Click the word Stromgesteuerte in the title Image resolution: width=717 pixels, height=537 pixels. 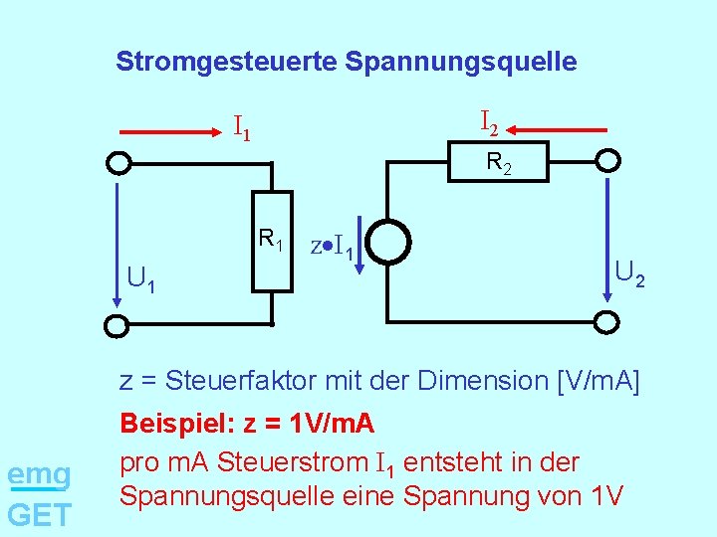tap(227, 62)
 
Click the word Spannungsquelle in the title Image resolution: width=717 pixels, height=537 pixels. tap(461, 62)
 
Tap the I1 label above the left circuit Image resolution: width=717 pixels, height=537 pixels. tap(241, 127)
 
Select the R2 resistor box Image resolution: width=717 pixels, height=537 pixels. tap(499, 162)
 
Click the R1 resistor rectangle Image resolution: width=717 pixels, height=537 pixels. tap(271, 242)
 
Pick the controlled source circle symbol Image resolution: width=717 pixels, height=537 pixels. tap(385, 242)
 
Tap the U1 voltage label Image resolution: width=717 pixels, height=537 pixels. tap(140, 279)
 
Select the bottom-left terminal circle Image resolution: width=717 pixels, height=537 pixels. tap(118, 324)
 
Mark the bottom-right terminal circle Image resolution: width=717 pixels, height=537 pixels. tap(607, 321)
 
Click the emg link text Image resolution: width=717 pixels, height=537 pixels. tap(39, 474)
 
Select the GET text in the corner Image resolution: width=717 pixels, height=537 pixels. tap(39, 514)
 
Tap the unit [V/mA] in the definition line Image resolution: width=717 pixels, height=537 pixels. tap(599, 381)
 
